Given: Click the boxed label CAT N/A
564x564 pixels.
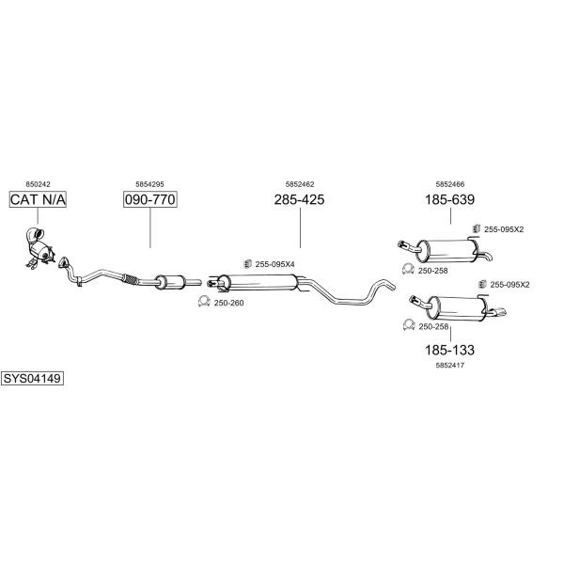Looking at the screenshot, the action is click(38, 199).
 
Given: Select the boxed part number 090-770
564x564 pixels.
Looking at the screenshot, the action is click(150, 199).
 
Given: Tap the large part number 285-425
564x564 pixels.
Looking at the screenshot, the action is click(299, 199).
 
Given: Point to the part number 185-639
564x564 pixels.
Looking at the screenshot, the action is click(450, 199).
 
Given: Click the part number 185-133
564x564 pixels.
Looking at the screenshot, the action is click(450, 350).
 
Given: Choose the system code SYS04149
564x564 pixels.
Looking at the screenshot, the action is click(32, 379).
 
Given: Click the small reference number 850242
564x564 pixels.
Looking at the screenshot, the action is click(39, 184).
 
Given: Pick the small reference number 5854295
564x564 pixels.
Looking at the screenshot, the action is click(149, 184).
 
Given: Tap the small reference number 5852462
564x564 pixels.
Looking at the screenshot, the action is click(300, 184).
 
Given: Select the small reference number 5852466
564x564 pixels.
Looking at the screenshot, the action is click(450, 184).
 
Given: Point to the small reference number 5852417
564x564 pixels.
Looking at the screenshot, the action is click(450, 365).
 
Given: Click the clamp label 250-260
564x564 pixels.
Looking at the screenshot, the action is click(228, 303).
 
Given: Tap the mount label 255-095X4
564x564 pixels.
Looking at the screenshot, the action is click(274, 264).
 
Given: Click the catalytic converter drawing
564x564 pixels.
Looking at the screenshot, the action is click(39, 248).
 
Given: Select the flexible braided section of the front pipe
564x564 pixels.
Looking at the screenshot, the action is click(130, 279).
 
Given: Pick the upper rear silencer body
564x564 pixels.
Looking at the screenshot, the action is click(447, 250).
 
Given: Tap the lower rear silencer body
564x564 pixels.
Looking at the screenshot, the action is click(456, 308).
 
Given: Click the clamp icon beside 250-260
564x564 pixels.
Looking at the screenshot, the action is click(204, 302).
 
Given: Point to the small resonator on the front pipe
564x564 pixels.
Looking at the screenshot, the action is click(170, 282).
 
